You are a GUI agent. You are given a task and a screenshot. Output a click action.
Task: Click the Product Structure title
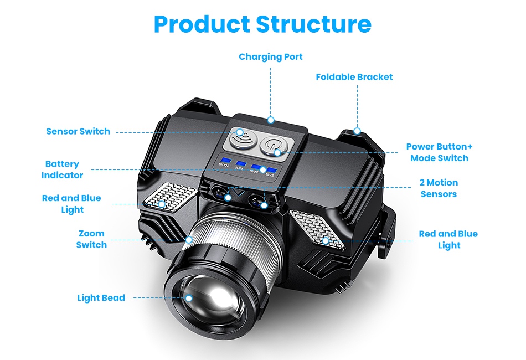pos(262,24)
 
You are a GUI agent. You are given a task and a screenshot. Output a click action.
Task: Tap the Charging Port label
pos(271,56)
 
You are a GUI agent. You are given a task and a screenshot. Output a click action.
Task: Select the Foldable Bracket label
pos(354,77)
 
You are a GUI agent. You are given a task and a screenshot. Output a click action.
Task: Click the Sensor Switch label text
pos(78,131)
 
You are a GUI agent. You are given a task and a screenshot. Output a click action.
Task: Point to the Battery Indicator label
pos(62,169)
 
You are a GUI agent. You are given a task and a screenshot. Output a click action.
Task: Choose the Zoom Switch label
pos(91,239)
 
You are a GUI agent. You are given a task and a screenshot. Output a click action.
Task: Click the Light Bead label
pos(101,298)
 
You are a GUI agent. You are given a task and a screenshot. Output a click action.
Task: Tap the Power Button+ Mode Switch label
pos(439,152)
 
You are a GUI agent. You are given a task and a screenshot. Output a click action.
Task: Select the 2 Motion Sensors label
pos(439,188)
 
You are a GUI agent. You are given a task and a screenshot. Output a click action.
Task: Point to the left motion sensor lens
pos(219,194)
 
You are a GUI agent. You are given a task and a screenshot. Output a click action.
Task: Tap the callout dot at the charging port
pos(271,120)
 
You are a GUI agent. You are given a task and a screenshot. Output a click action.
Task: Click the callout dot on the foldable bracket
pos(357,131)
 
